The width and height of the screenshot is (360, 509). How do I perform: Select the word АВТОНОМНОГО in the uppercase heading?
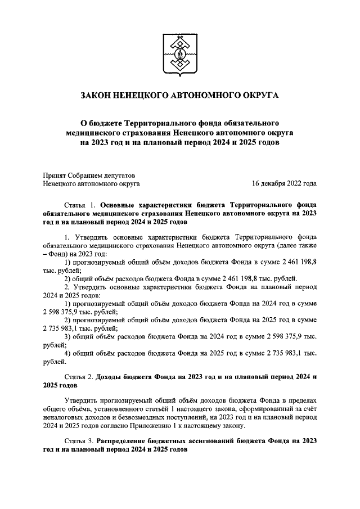[x=205, y=96]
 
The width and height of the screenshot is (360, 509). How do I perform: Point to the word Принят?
[x=54, y=174]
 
